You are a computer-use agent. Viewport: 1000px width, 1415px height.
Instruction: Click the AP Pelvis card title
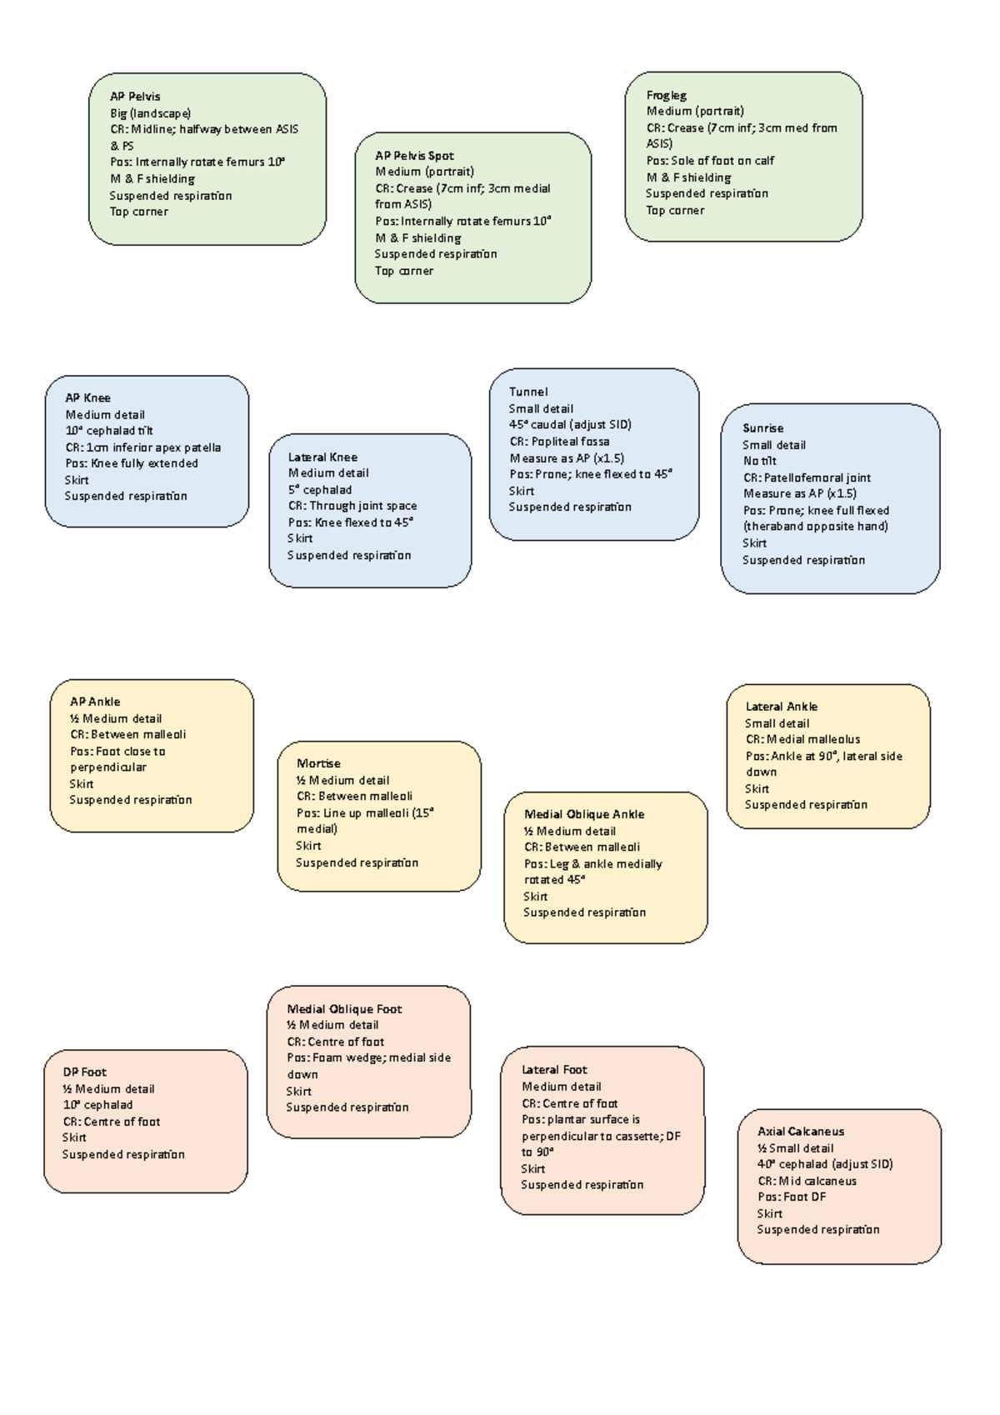(x=135, y=97)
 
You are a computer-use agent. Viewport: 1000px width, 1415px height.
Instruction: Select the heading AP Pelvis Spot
(x=414, y=156)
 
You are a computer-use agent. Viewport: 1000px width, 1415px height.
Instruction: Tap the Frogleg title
(x=667, y=96)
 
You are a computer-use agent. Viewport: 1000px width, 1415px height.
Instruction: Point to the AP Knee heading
(x=87, y=398)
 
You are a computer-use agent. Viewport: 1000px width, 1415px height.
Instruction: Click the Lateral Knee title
(x=322, y=457)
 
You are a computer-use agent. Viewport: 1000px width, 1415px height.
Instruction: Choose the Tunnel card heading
(x=528, y=392)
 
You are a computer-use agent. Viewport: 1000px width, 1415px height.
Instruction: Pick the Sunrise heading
(x=762, y=428)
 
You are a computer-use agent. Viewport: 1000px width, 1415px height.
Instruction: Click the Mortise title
(x=318, y=763)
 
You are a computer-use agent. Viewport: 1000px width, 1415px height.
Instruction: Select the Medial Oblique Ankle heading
(x=584, y=814)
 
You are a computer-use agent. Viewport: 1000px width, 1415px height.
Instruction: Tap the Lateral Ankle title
(x=781, y=707)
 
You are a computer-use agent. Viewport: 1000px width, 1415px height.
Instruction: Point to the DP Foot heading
(x=84, y=1072)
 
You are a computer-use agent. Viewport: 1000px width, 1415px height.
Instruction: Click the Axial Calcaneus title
(x=801, y=1132)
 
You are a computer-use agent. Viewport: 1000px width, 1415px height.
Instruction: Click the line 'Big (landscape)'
(x=150, y=113)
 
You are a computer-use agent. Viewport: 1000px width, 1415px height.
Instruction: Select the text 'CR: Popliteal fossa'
(x=559, y=442)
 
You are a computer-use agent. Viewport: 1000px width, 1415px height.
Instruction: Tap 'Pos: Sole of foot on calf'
(x=710, y=161)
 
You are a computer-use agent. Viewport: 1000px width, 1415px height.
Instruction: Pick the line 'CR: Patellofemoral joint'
(x=807, y=478)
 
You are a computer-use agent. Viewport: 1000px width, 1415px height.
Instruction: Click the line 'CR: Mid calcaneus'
(x=807, y=1181)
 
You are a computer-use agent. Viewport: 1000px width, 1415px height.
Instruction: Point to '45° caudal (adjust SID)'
(x=570, y=425)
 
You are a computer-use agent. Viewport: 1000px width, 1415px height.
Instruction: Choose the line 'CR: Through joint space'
(x=352, y=506)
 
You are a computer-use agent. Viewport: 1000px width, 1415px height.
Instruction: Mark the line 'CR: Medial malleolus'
(x=802, y=739)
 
